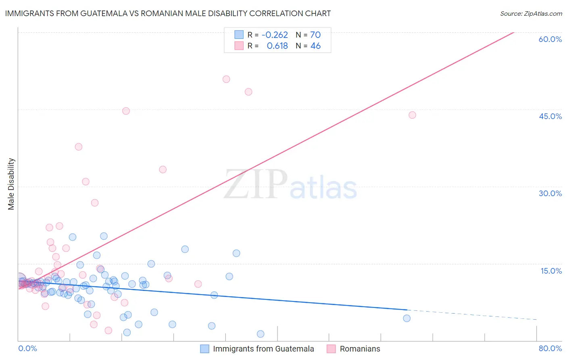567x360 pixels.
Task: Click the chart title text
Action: click(168, 13)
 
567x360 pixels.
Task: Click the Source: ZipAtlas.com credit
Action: click(531, 13)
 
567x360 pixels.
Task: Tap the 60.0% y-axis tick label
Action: click(550, 39)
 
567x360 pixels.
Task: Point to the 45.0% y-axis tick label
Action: click(550, 116)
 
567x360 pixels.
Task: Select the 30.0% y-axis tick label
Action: click(550, 193)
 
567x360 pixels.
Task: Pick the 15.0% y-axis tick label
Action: click(551, 271)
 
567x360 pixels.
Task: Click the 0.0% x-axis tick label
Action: click(27, 348)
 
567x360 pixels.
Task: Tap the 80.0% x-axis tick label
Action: click(550, 348)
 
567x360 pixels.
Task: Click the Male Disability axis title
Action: click(11, 184)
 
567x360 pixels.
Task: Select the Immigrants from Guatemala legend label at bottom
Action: click(263, 349)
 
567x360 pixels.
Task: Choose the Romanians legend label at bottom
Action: click(360, 349)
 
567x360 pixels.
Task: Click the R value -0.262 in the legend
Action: click(275, 35)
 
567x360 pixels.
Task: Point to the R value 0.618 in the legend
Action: click(277, 46)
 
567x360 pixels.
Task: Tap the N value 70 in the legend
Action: click(315, 35)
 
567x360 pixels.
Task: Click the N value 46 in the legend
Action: click(315, 46)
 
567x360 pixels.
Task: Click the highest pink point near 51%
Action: click(226, 79)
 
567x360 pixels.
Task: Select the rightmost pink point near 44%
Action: click(412, 115)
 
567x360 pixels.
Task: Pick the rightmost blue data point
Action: click(406, 318)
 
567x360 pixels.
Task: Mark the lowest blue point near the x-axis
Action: click(261, 334)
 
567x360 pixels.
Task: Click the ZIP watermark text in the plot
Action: click(256, 184)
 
